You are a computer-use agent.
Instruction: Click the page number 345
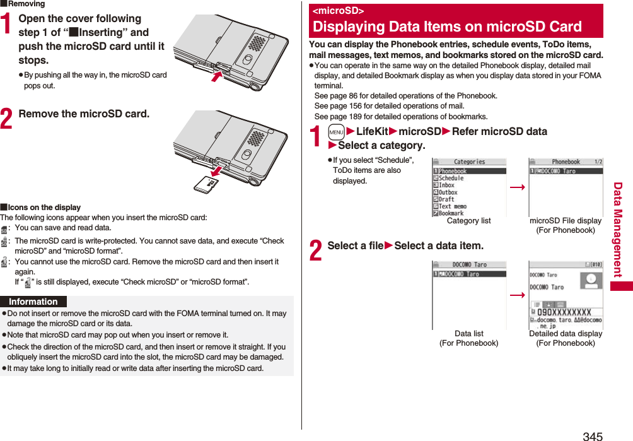click(592, 435)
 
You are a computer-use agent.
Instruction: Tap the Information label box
click(33, 302)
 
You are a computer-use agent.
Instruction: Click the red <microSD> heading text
click(339, 11)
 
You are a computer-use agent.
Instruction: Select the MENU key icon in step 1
click(336, 132)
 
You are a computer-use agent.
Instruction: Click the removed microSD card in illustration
click(206, 184)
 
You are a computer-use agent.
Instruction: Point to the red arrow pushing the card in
click(217, 76)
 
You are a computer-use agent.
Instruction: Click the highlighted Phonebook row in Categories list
click(469, 171)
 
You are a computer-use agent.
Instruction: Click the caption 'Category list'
click(468, 221)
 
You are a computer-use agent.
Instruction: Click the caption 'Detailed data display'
click(565, 334)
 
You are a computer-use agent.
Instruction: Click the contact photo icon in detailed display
click(590, 281)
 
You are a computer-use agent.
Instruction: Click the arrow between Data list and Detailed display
click(517, 295)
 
